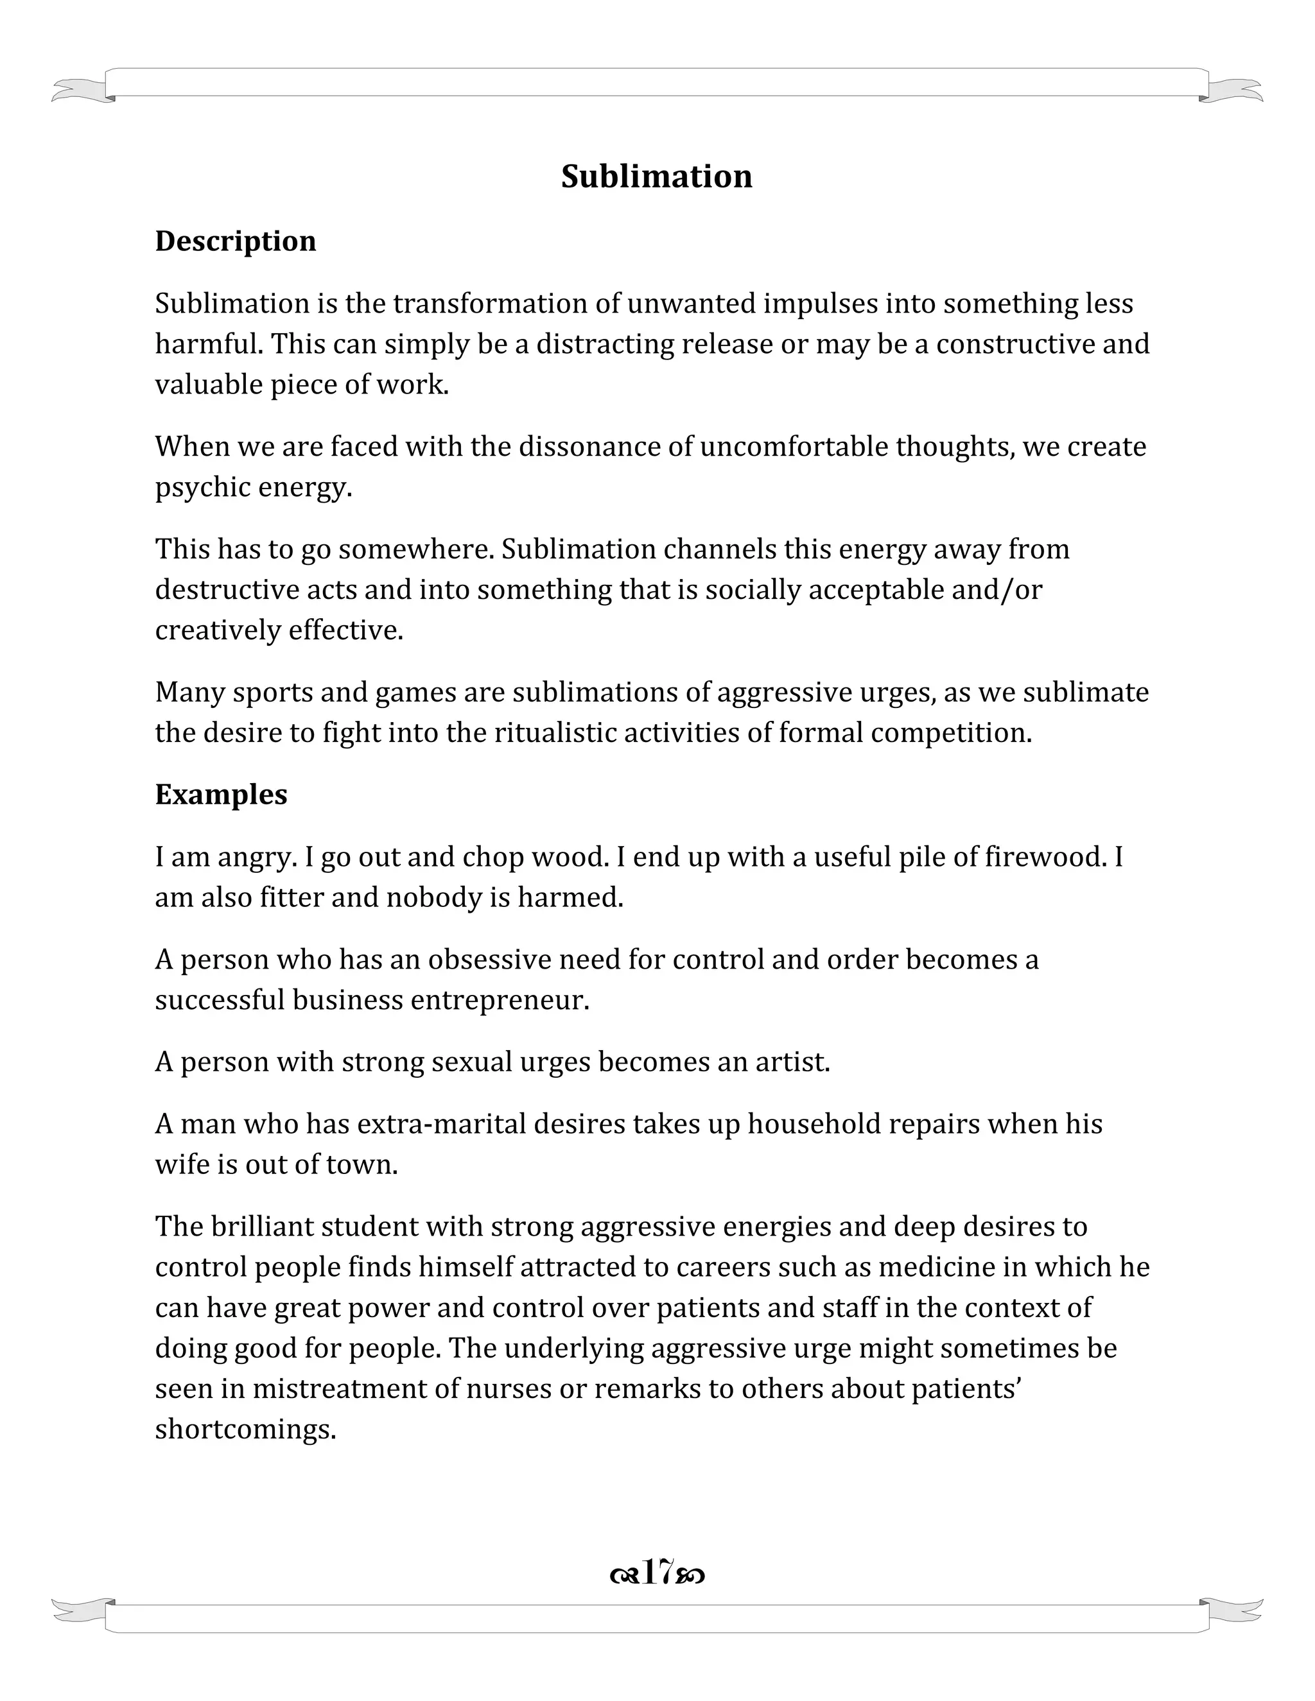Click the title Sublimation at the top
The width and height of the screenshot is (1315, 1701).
tap(657, 177)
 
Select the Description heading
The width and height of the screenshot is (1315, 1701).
tap(235, 241)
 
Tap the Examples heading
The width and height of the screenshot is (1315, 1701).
tap(222, 795)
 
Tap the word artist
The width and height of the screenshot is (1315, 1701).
tap(793, 1062)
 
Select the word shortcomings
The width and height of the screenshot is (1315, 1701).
tap(245, 1429)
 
